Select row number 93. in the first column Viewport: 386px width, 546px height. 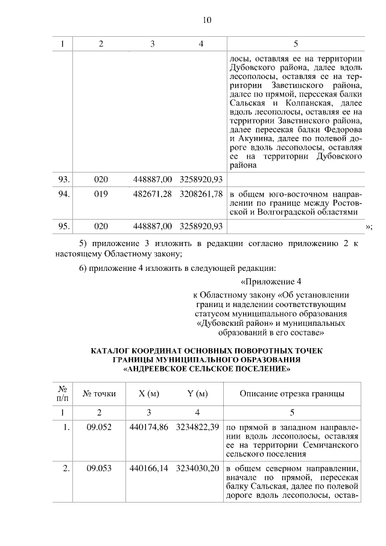(65, 179)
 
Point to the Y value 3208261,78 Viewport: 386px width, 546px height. (201, 194)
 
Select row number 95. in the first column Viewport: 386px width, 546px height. (65, 226)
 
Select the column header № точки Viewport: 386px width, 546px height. (99, 394)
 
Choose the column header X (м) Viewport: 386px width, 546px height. (148, 394)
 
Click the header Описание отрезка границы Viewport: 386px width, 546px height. (293, 394)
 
